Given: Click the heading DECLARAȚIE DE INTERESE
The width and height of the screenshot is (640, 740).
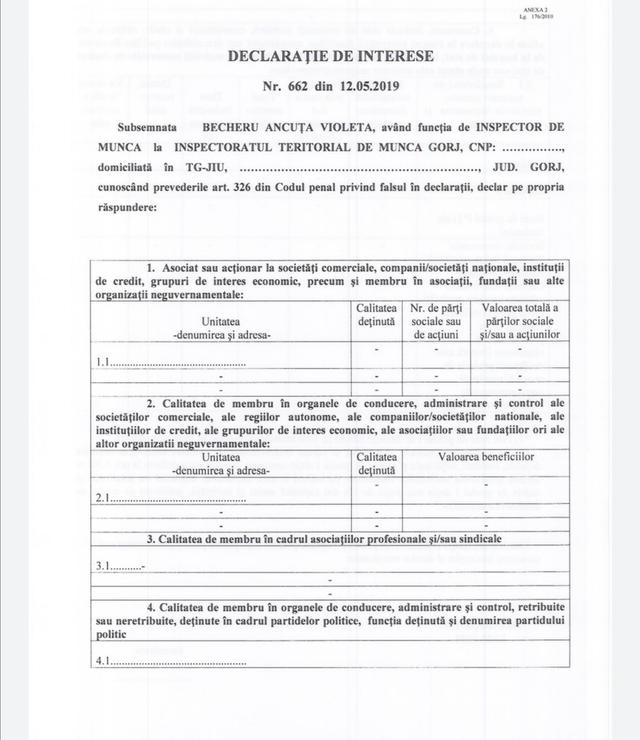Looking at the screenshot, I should pos(331,56).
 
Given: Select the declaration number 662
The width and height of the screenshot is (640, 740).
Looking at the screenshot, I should pos(298,86).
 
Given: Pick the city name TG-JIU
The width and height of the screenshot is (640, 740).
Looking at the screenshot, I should pos(206,167).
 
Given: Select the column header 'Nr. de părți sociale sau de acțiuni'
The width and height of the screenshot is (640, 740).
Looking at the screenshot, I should pos(436,321).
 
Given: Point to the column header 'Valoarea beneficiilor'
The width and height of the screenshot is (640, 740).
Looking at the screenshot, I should pos(486,457).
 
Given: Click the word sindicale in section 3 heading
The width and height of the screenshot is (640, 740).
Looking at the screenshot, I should pos(478,539).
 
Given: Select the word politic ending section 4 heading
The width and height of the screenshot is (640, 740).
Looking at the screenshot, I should pos(111,635).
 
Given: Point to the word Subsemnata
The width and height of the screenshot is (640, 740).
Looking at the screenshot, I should pos(147,127).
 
